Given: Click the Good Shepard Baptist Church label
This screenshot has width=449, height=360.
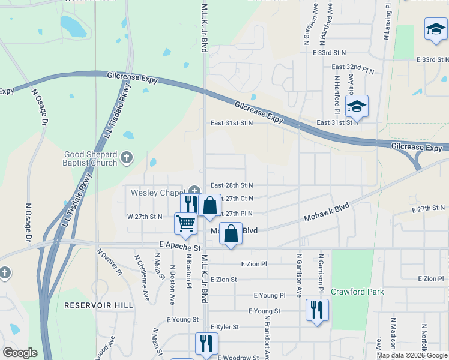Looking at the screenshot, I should (91, 158).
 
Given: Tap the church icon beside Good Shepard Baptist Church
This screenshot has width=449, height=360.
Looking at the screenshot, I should (126, 158).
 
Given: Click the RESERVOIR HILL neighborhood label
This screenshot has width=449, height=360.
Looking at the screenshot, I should (98, 305).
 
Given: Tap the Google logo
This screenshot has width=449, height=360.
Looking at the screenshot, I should (20, 353).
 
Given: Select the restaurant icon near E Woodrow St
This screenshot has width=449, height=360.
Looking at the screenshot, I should (206, 344).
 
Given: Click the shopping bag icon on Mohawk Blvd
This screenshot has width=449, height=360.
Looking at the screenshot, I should (231, 235).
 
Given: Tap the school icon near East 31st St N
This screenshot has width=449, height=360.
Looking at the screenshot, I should (357, 107).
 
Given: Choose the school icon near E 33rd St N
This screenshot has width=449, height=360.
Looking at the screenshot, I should (435, 29).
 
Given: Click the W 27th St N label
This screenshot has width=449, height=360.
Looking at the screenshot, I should (144, 216).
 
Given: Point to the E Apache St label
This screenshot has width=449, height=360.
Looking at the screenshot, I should (180, 246).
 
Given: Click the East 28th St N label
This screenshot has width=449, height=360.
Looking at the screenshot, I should (231, 185).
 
